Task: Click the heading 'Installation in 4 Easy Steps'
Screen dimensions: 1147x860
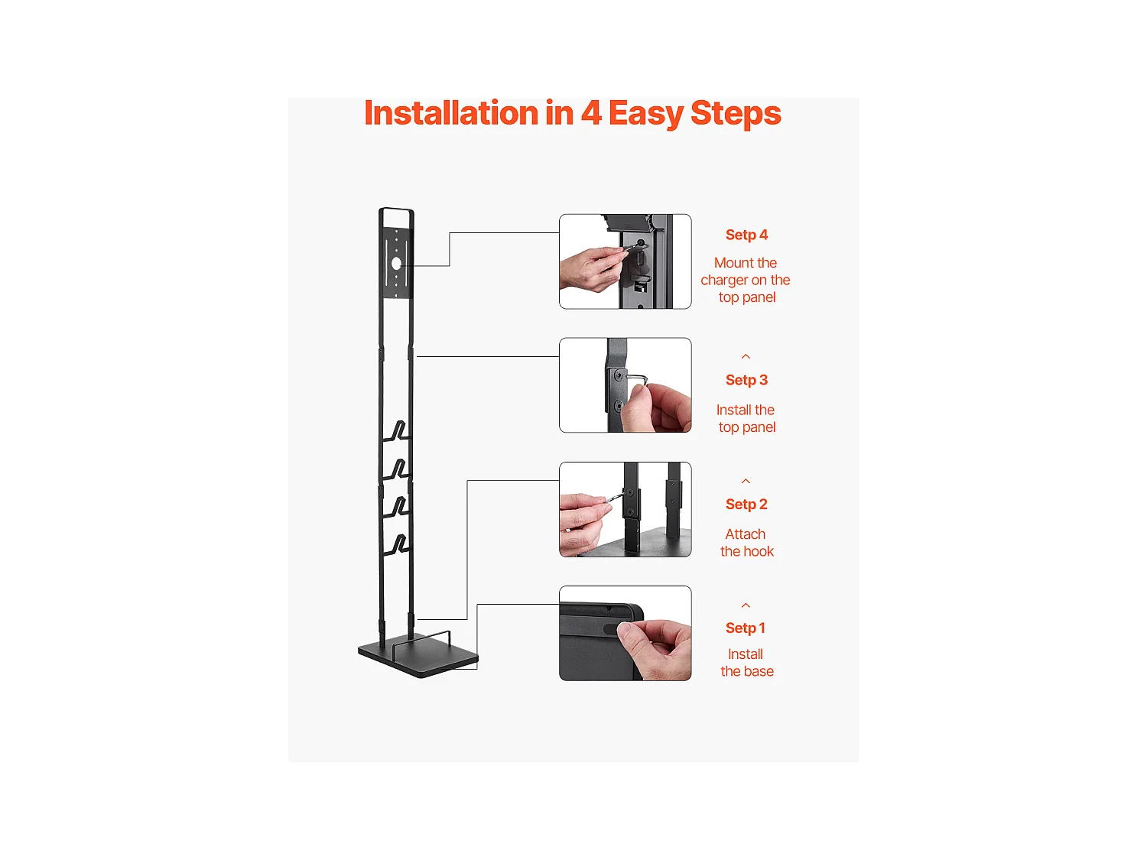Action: (x=572, y=113)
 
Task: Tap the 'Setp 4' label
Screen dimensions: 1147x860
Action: (x=746, y=235)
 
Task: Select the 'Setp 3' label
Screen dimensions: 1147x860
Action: (x=746, y=380)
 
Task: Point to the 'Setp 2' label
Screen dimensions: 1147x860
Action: (x=746, y=505)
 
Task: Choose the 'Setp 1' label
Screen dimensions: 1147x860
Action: (x=745, y=628)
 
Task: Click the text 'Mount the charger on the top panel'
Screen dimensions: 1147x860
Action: (x=746, y=280)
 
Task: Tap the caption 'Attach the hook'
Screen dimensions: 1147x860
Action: (x=747, y=543)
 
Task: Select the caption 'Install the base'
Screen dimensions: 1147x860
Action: (x=747, y=663)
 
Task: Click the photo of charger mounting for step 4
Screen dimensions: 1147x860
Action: (x=625, y=261)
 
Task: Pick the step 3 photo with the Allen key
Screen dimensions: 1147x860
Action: (x=625, y=385)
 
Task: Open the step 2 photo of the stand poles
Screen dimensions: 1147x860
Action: (x=625, y=509)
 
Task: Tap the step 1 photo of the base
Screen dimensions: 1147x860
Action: (x=625, y=633)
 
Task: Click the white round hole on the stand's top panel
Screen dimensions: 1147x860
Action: (x=397, y=264)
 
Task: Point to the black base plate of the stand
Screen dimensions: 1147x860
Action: (x=418, y=657)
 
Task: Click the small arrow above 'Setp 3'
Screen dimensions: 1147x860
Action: (x=746, y=357)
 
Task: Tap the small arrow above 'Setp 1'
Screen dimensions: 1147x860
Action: (x=746, y=605)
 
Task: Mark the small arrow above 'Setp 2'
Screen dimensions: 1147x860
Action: (x=746, y=481)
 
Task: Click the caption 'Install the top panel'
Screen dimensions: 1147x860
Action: (x=746, y=418)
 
